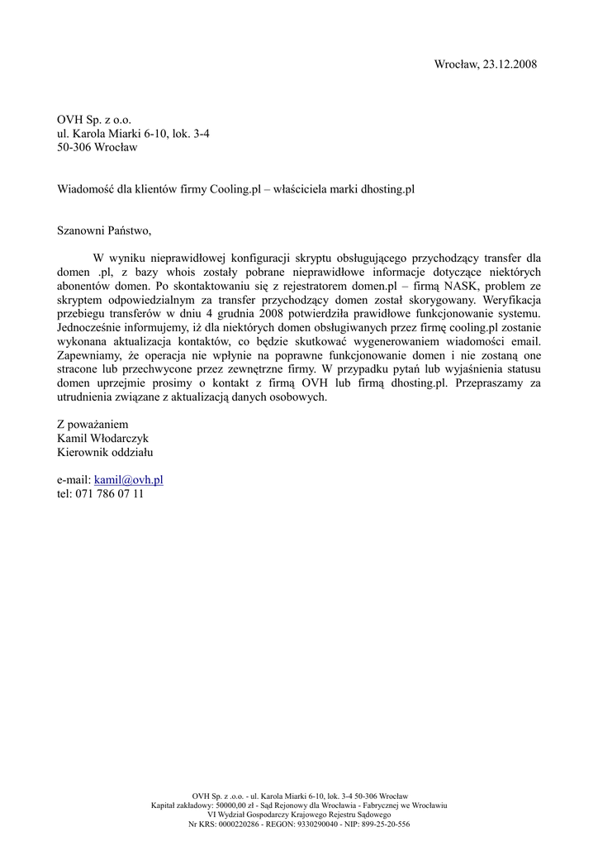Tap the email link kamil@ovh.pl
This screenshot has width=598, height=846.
(129, 479)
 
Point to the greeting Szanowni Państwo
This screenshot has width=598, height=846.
(105, 231)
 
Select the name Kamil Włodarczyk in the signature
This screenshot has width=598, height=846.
(102, 438)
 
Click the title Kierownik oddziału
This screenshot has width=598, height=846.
(105, 452)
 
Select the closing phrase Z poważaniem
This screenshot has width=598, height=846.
(93, 424)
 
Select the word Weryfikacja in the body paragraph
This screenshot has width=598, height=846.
(512, 300)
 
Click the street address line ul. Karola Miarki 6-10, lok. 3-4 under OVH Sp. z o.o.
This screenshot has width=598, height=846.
(133, 134)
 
